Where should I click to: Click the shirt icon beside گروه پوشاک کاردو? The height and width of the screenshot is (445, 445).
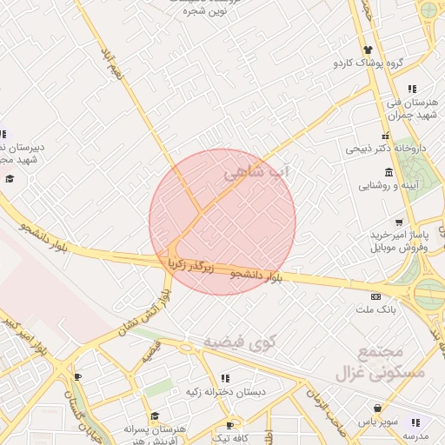(369, 50)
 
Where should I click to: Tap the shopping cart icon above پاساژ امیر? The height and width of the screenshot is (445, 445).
(399, 222)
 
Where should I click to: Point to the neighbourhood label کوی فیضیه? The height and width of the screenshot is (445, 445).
(239, 342)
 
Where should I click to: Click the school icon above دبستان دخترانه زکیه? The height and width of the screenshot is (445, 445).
(225, 378)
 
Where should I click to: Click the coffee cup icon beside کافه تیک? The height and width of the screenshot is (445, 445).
(229, 425)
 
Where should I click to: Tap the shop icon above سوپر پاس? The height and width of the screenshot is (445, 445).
(378, 408)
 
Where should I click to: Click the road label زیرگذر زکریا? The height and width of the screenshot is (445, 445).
(189, 262)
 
